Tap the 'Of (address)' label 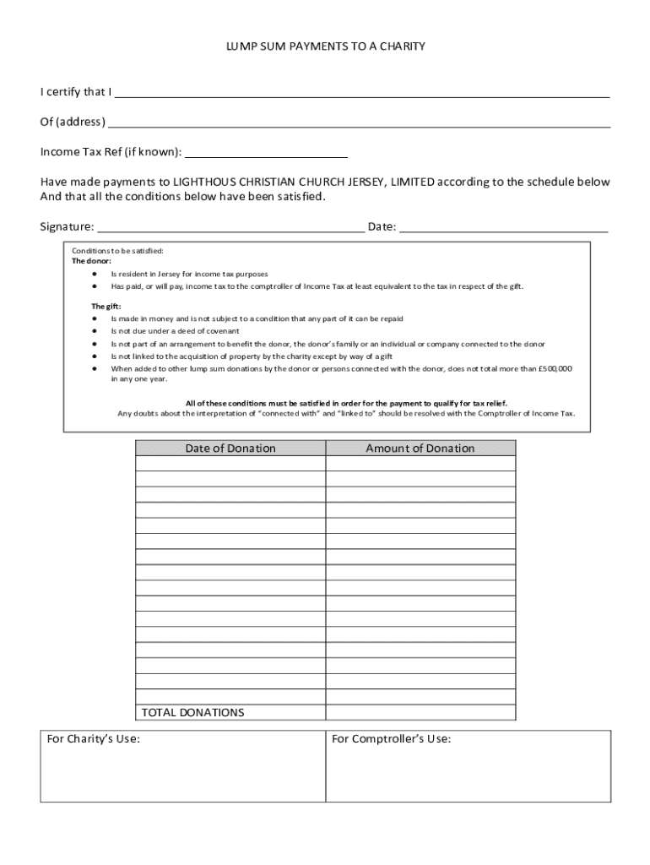(73, 122)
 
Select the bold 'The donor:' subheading (91, 261)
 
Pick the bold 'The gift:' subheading (106, 306)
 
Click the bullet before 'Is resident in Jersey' (95, 275)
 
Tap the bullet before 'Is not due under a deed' (95, 331)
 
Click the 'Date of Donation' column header (230, 449)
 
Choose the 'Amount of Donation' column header (420, 449)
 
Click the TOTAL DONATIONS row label (192, 712)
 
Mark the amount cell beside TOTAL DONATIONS (420, 712)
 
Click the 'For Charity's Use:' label (93, 739)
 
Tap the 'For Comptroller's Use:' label (391, 739)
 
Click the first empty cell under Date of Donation (230, 464)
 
